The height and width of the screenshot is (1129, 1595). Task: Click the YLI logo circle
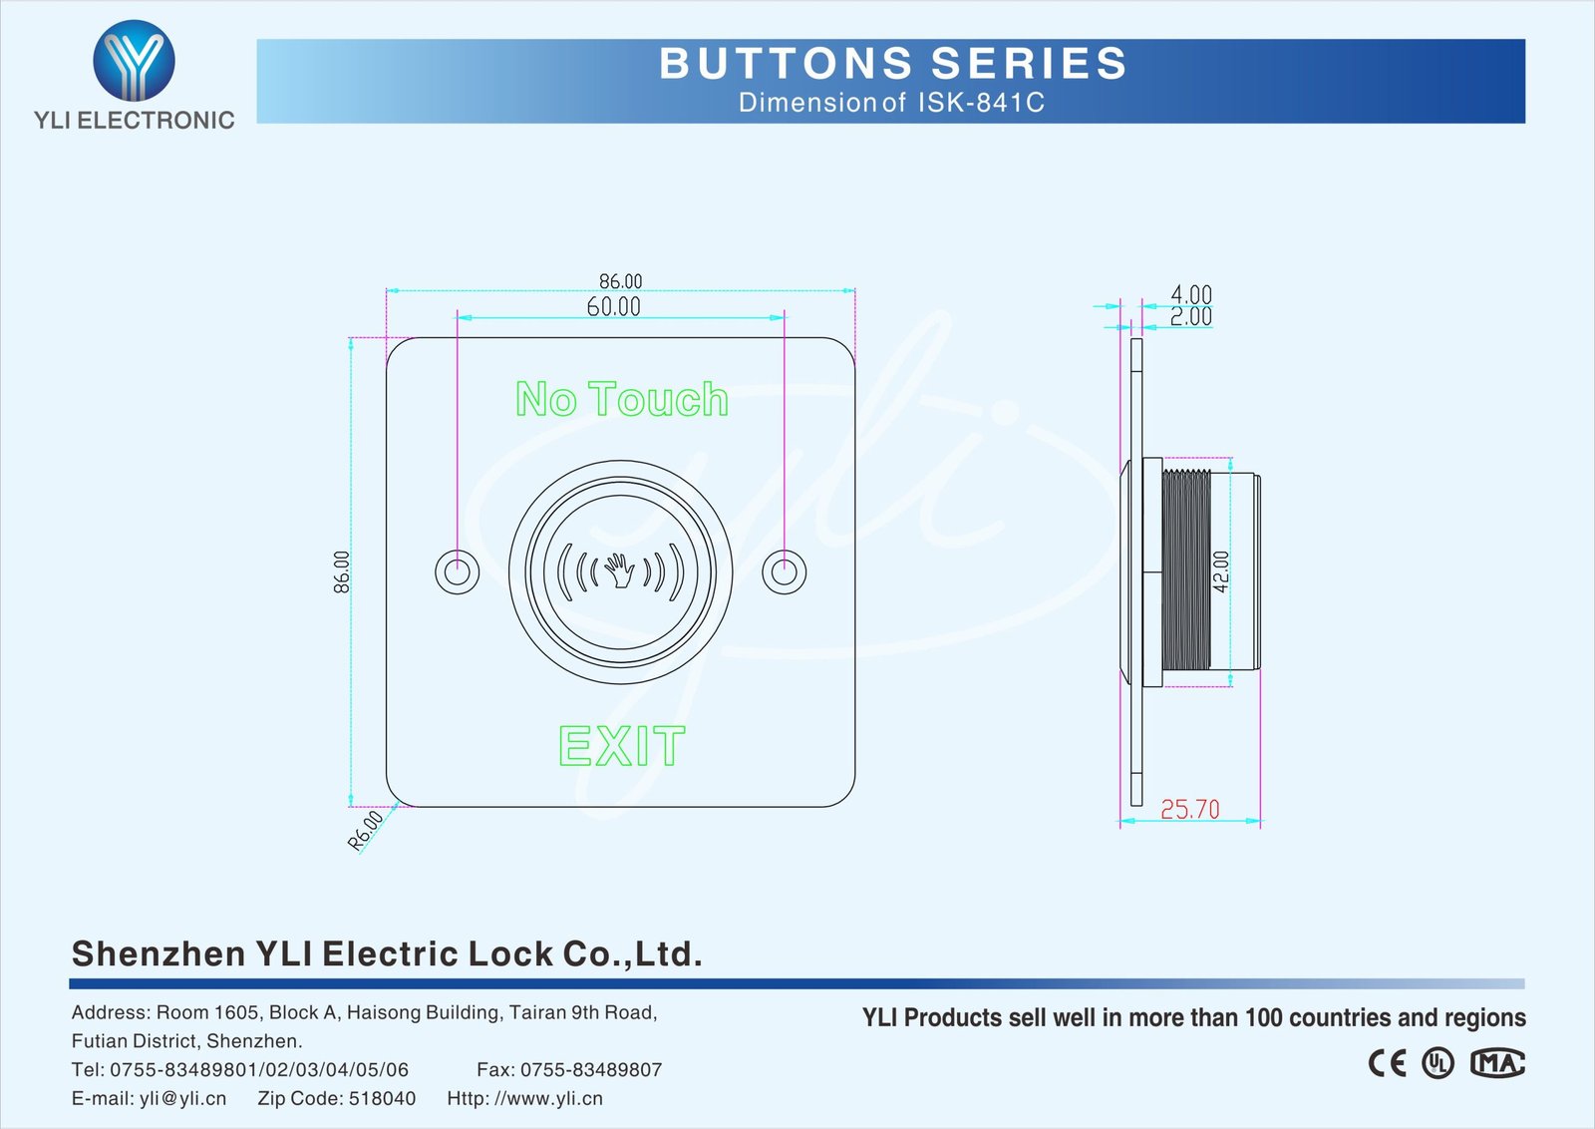pos(134,60)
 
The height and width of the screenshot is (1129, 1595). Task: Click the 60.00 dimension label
pos(613,307)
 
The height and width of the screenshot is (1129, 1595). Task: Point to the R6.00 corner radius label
pos(365,831)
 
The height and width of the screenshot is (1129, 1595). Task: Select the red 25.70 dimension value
pos(1190,809)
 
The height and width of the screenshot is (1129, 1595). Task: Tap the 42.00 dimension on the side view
pos(1220,571)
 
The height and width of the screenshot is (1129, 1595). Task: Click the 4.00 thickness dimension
pos(1191,293)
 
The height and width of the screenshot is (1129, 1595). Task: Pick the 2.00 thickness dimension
pos(1191,316)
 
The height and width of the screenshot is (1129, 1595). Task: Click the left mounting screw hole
pos(458,571)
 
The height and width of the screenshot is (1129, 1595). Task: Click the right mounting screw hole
pos(784,571)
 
